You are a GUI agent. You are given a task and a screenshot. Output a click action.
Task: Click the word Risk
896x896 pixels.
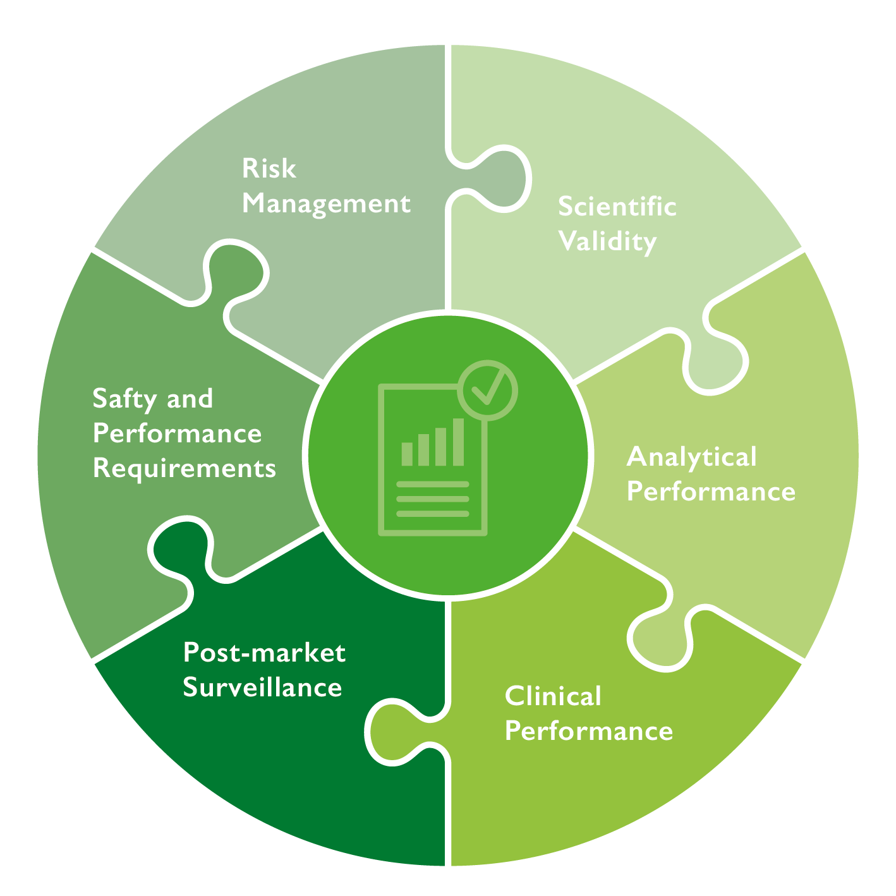click(x=269, y=169)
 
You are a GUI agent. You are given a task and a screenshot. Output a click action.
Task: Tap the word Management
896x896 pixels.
click(x=326, y=204)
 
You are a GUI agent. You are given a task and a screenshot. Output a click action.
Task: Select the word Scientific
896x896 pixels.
click(x=617, y=207)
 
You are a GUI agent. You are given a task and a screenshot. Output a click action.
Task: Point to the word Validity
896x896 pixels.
click(x=607, y=242)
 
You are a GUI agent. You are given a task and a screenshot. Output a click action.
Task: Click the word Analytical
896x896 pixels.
click(x=691, y=457)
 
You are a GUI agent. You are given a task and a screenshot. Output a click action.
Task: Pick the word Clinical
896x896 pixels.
click(x=553, y=696)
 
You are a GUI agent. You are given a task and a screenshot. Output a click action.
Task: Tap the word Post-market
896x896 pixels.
click(x=264, y=653)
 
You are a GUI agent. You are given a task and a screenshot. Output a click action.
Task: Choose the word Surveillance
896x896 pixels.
click(x=262, y=687)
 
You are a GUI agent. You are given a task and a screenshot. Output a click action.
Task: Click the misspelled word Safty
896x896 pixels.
click(x=124, y=399)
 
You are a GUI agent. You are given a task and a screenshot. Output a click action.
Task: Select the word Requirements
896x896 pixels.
click(x=184, y=468)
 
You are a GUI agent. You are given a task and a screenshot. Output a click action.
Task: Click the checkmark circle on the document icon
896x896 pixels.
click(x=487, y=390)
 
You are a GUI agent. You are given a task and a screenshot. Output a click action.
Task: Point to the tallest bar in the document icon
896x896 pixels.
click(x=458, y=442)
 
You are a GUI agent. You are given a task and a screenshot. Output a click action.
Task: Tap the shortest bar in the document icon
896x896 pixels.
click(x=407, y=454)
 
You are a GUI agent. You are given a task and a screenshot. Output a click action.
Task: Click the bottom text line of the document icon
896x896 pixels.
click(x=432, y=514)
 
